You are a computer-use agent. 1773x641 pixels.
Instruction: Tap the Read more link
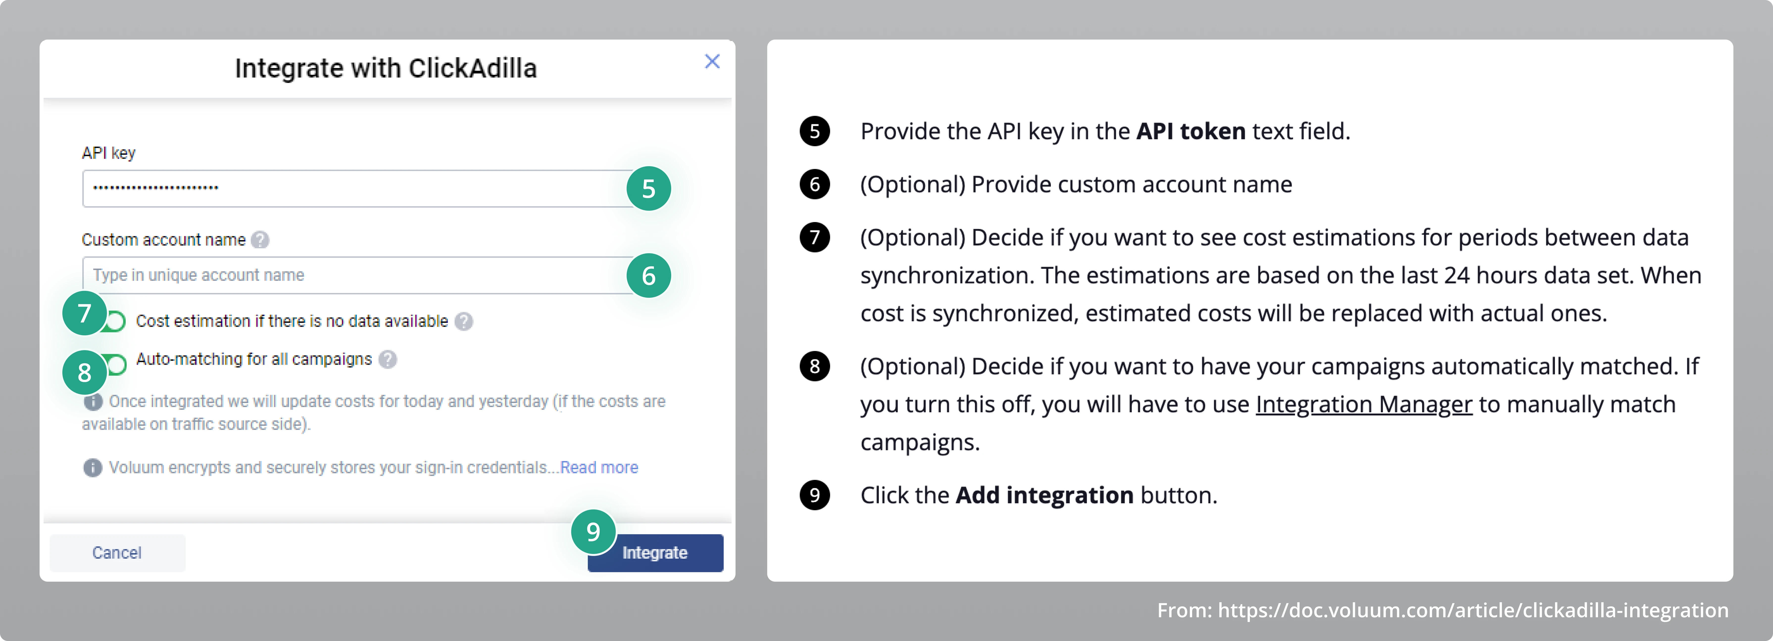599,468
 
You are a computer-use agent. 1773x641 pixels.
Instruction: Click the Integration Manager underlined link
1363,404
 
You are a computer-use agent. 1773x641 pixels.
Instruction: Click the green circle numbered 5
648,188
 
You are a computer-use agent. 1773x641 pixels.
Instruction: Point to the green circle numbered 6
648,276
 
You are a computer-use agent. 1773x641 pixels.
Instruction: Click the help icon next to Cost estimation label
464,321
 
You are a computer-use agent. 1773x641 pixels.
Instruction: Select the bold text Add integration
1044,495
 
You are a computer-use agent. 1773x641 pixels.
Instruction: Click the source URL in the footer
1473,610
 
